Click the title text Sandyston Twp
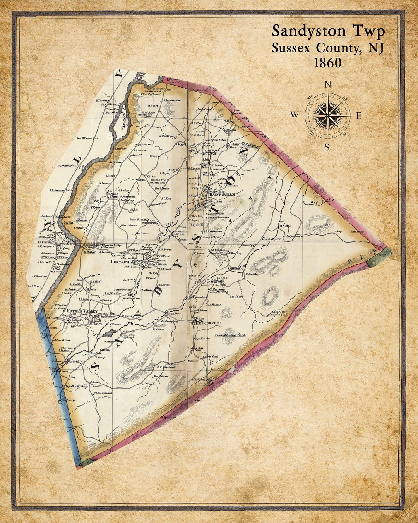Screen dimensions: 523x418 [328, 31]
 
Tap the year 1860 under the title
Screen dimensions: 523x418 [327, 63]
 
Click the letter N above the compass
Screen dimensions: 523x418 [328, 84]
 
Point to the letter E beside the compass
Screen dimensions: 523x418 [358, 115]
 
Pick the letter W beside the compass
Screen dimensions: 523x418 [295, 115]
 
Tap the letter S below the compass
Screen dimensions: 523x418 [327, 147]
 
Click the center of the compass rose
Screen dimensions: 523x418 [327, 115]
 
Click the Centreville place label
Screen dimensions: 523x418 [122, 262]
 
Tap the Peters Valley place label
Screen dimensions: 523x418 [79, 311]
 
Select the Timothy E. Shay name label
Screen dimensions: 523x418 [76, 386]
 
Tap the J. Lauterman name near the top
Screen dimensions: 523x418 [172, 100]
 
